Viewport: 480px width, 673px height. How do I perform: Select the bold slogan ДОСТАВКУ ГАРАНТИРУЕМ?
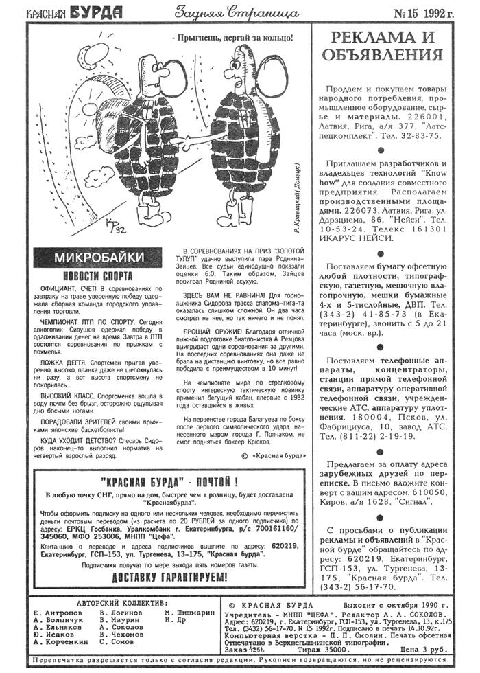coord(169,578)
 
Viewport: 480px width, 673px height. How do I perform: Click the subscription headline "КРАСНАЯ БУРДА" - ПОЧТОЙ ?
coord(169,481)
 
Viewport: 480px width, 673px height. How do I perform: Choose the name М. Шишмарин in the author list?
coord(189,613)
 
